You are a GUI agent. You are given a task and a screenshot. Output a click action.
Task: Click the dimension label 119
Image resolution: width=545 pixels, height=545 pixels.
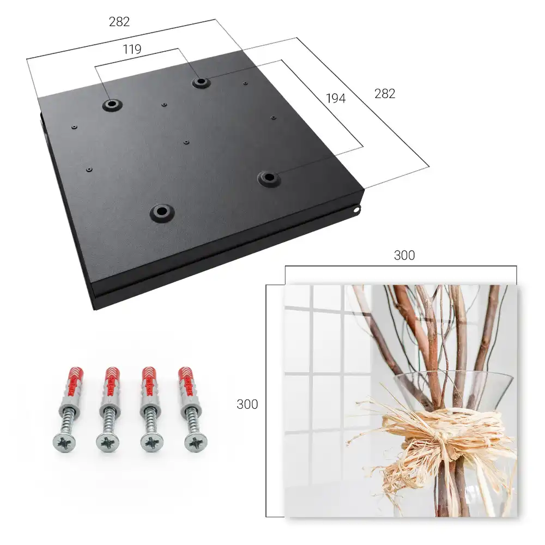tap(132, 50)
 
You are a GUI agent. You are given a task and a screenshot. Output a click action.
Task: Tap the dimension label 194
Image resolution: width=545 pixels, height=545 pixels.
tap(336, 98)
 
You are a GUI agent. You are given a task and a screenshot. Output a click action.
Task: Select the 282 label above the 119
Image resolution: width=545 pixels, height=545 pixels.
tap(119, 22)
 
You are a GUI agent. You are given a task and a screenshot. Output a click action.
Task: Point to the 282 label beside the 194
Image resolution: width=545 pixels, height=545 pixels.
tap(385, 94)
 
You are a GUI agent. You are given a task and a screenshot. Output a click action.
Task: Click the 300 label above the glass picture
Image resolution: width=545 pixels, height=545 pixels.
tap(404, 255)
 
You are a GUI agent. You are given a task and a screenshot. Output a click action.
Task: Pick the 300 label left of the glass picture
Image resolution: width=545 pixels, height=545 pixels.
tap(247, 404)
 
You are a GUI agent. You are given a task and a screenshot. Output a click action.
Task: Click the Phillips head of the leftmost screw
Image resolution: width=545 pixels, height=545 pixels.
tap(64, 443)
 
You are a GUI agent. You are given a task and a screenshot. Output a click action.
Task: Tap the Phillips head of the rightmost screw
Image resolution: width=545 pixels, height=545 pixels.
tap(195, 443)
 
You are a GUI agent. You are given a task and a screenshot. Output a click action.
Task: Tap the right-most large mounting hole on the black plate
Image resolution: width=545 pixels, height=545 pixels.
tap(269, 178)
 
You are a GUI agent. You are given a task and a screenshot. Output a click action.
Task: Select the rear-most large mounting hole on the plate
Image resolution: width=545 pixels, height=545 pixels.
tap(200, 82)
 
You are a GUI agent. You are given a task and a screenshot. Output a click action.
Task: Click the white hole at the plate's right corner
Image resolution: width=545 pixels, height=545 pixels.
tap(356, 210)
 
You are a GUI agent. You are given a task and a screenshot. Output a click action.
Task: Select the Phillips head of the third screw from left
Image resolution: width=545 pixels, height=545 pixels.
tap(152, 443)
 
